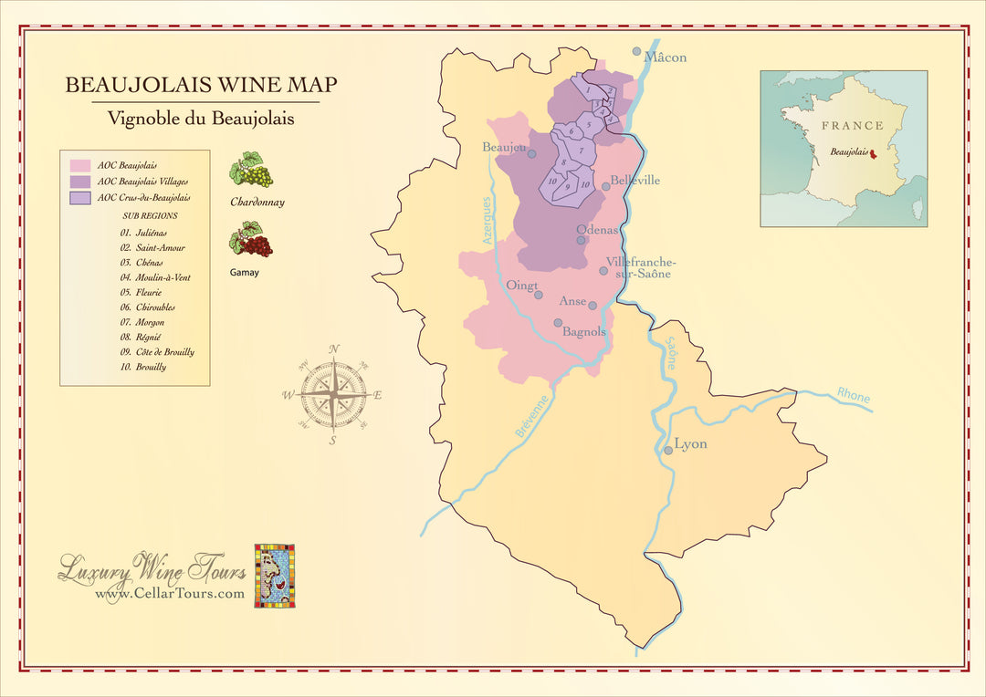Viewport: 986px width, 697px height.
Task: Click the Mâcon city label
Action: pos(666,57)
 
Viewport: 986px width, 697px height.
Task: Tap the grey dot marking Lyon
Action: pos(667,449)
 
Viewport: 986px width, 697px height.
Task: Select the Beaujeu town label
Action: pos(504,147)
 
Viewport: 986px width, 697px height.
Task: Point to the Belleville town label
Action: pos(635,181)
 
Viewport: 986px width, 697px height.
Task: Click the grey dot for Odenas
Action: pos(581,241)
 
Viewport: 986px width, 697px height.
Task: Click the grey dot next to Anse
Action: pos(593,307)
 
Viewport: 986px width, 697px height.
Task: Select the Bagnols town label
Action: pos(584,332)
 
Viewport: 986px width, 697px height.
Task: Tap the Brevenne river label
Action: pos(532,416)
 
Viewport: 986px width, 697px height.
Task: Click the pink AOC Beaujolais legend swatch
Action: pos(80,166)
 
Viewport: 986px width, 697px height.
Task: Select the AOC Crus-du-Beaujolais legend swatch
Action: pos(80,197)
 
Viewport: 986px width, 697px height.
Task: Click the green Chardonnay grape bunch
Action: pos(250,170)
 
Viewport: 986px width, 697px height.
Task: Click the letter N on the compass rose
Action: pos(334,348)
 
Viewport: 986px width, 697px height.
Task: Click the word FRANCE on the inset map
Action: pos(852,126)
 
